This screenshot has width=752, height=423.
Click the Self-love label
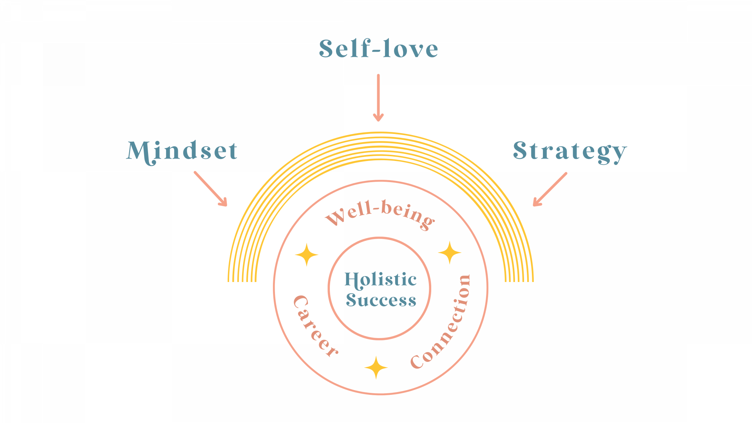point(378,49)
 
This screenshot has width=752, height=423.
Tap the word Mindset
point(182,151)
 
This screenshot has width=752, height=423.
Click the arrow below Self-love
point(378,98)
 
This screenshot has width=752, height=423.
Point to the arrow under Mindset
point(211,189)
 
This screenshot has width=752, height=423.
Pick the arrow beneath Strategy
point(550,189)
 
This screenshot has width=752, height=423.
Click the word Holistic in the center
point(380,280)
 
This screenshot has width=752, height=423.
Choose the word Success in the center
point(381,300)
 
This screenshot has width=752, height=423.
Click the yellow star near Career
point(307,255)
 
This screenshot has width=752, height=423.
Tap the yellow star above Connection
point(450,253)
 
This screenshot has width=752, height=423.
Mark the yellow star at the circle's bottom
point(376,367)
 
